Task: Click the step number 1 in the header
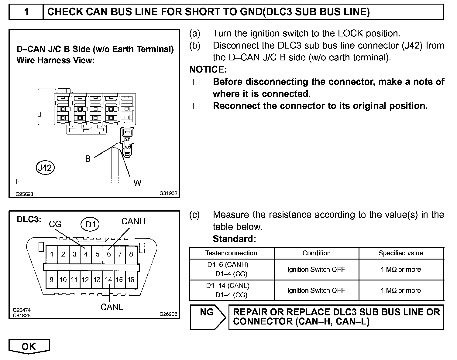pos(26,12)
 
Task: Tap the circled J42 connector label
pos(45,168)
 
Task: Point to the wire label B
pos(88,159)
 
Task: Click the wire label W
pos(137,183)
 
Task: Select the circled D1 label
pos(90,225)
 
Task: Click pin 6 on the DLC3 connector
pos(109,254)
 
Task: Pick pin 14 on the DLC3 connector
pos(108,280)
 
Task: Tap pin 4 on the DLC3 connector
pos(86,254)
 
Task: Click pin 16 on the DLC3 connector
pos(131,280)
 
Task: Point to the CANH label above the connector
pos(133,221)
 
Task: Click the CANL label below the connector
pos(112,307)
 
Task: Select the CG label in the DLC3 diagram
pos(55,224)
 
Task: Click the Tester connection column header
pos(231,253)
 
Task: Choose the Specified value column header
pos(401,253)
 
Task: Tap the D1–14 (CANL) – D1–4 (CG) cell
pos(231,290)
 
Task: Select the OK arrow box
pos(29,346)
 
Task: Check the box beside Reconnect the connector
pos(197,106)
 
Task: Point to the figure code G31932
pos(168,193)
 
